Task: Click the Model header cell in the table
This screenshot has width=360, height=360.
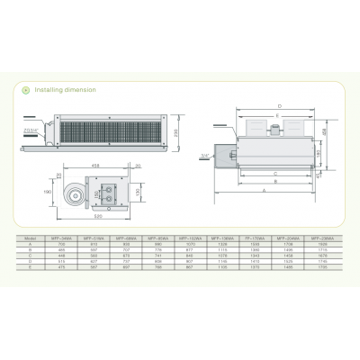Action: point(31,238)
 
